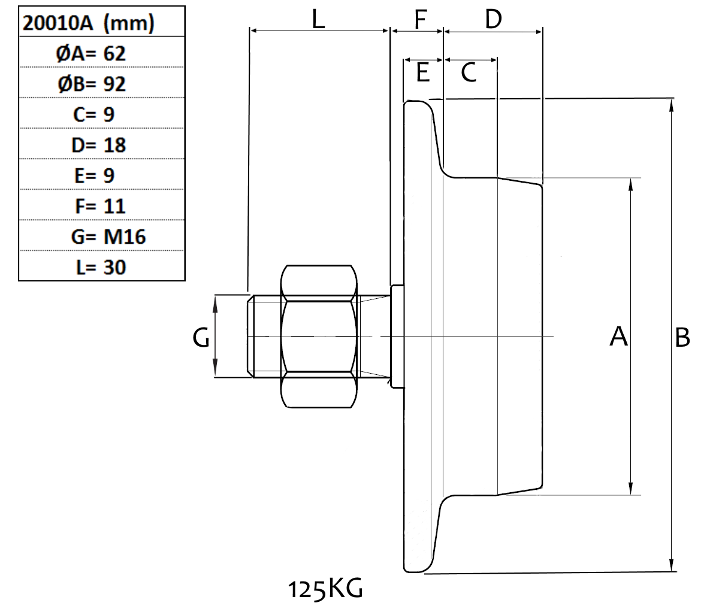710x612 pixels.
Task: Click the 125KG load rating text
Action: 325,589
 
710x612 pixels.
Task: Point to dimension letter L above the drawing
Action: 318,19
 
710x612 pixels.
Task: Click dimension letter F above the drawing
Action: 420,19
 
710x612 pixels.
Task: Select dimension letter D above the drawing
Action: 493,19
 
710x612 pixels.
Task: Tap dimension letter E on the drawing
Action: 422,74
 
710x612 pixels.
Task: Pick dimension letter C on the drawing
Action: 469,74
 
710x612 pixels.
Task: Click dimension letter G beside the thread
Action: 201,340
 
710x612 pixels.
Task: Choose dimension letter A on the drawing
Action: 618,337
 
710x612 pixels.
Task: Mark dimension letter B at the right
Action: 682,338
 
